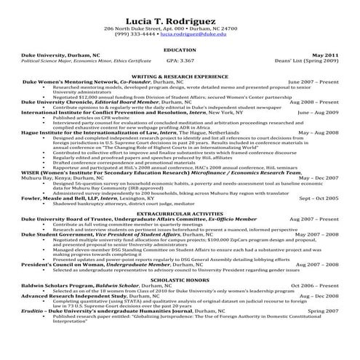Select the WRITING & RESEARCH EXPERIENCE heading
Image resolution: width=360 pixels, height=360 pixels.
pyautogui.click(x=180, y=76)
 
